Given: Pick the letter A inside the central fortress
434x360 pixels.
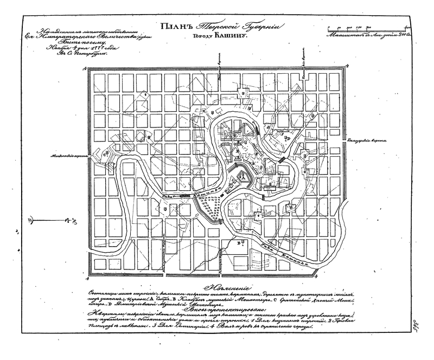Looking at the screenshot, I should pos(239,175).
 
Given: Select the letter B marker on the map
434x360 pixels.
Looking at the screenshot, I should pos(238,244).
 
